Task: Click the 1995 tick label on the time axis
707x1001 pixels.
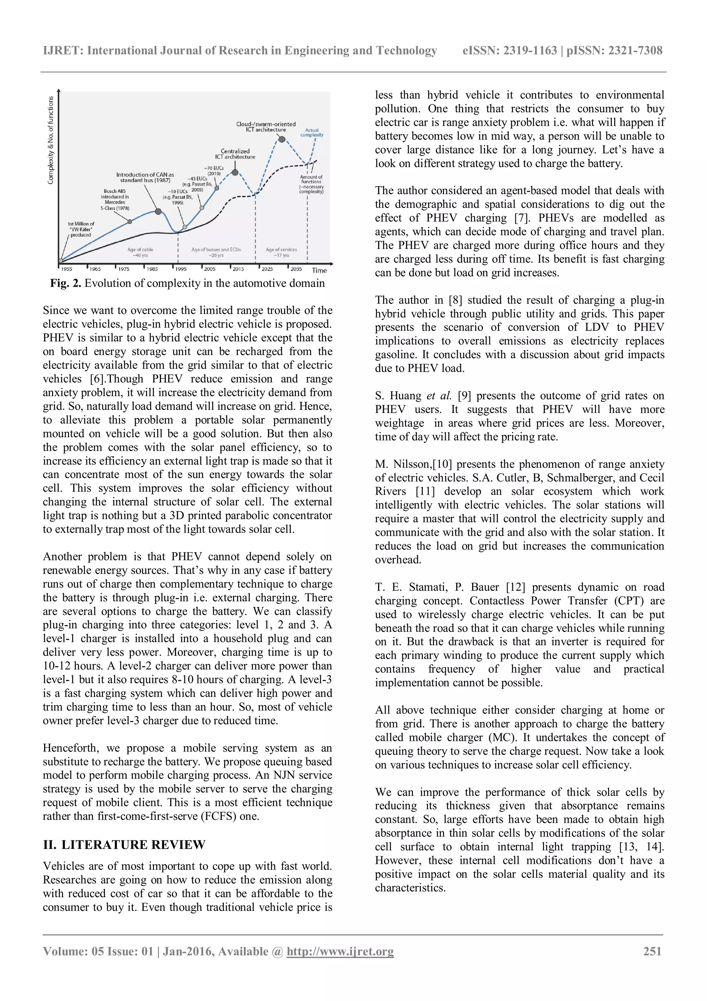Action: [x=181, y=269]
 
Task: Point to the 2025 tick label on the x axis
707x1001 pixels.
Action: [x=267, y=269]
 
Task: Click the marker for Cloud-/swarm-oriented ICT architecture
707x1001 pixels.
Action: [x=282, y=140]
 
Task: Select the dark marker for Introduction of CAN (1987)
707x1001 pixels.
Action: [x=158, y=211]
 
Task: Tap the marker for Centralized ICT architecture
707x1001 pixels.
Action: [x=235, y=173]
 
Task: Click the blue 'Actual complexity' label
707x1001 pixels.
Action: [x=312, y=133]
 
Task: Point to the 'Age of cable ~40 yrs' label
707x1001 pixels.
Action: [x=140, y=252]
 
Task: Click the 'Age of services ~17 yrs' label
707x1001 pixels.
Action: [x=281, y=252]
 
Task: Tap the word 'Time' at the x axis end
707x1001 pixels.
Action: [x=319, y=270]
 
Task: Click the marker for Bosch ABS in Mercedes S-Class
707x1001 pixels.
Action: [x=130, y=222]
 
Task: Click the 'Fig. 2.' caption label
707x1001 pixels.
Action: [x=66, y=283]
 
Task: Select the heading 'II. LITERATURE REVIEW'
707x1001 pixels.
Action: [x=124, y=845]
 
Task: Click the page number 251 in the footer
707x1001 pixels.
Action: [x=652, y=951]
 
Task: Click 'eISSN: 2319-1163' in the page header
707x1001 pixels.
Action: [x=510, y=50]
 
